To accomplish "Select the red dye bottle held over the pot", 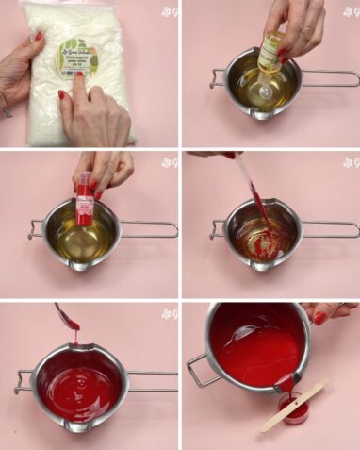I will [85, 199].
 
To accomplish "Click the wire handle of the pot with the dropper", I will [330, 229].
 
